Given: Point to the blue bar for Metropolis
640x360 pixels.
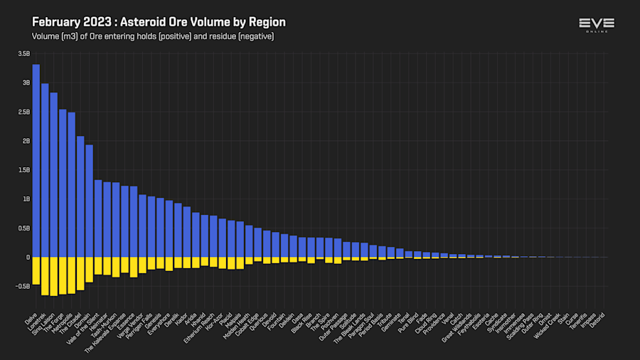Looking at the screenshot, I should (72, 184).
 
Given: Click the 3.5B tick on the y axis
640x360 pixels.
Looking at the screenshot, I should (24, 53).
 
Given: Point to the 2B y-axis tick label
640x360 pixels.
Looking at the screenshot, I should (26, 141).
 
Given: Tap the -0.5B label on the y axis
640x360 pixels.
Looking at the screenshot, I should (23, 287).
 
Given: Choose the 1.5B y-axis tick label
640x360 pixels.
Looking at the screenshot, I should (24, 170).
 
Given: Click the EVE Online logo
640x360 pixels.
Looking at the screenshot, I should (597, 26).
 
